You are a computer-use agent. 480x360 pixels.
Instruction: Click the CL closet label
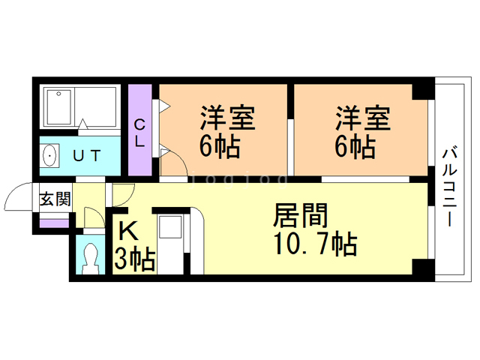point(139,133)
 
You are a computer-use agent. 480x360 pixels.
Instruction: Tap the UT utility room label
point(87,156)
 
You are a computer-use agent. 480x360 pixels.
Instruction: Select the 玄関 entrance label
point(55,199)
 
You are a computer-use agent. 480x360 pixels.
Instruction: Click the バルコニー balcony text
point(449,187)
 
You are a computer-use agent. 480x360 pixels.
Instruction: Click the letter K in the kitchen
point(128,231)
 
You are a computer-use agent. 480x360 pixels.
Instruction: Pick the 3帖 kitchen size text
point(134,260)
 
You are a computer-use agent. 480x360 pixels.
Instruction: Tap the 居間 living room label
point(300,215)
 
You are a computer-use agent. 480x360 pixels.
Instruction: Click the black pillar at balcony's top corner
point(423,91)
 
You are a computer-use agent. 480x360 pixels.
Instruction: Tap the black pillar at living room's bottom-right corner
point(423,267)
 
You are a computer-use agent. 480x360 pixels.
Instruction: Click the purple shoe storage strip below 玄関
point(54,223)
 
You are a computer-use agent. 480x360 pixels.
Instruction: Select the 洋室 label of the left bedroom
point(228,118)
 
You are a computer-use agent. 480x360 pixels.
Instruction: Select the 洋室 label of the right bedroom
point(363,118)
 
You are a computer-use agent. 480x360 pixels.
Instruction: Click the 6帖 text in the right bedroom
point(355,147)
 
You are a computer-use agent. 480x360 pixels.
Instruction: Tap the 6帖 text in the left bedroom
point(220,147)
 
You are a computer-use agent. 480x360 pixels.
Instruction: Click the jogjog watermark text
point(239,180)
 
